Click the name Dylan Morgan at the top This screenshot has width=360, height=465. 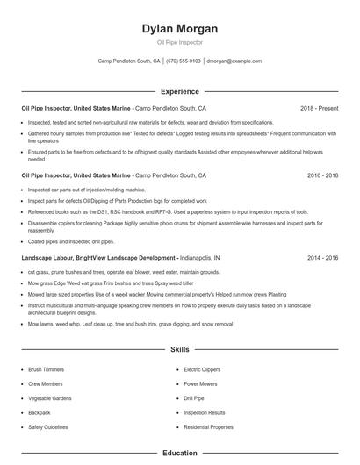point(180,28)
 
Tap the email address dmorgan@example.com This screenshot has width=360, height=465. point(234,61)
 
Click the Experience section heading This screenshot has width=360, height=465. point(180,91)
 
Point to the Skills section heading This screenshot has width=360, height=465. point(180,349)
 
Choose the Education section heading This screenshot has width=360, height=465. point(180,453)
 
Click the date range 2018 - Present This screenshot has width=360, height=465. point(319,108)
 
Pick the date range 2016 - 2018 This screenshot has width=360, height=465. point(322,175)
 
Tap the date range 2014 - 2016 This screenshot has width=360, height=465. point(322,258)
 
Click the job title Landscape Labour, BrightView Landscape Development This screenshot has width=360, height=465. point(97,258)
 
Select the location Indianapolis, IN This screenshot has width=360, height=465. point(199,258)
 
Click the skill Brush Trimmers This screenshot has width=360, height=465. point(46,370)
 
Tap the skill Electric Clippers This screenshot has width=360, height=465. point(203,370)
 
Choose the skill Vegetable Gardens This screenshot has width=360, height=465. point(49,398)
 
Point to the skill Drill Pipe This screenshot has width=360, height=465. point(195,398)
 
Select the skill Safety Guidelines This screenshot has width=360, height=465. point(47,426)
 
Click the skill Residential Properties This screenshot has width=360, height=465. point(208,426)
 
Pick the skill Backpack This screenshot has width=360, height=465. point(39,412)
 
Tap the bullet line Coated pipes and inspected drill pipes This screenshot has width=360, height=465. point(71,240)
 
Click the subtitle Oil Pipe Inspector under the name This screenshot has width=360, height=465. point(180,42)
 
